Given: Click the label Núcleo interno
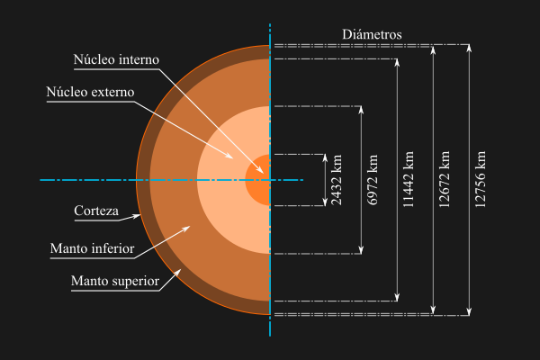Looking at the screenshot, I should [116, 59].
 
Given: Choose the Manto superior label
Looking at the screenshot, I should [115, 281].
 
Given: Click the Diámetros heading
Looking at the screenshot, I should [372, 35].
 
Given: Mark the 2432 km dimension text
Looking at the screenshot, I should [337, 180].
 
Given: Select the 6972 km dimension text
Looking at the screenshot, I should [373, 180].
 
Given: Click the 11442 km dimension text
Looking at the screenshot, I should [408, 180].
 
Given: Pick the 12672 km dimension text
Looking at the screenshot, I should [444, 180].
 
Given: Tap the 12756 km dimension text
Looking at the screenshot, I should [481, 180].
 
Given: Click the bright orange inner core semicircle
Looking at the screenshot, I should [259, 180].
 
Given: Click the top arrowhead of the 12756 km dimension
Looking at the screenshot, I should [468, 47].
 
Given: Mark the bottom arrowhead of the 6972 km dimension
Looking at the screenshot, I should [361, 250].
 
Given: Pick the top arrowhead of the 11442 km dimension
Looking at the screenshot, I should [397, 63].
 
